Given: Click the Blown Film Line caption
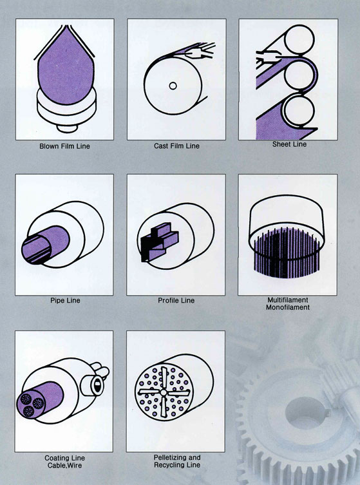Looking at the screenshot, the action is click(64, 146).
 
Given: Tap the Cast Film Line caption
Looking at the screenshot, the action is click(176, 146).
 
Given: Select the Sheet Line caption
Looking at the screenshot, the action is click(290, 144).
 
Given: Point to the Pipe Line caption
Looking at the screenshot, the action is click(65, 300).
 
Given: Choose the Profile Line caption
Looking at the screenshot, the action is click(176, 300).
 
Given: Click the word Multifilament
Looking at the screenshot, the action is click(288, 300).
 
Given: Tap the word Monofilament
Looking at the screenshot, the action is click(288, 307).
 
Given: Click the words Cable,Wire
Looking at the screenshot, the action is click(64, 466).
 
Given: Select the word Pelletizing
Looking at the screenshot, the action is click(168, 457).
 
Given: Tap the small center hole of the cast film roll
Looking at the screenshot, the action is click(173, 86).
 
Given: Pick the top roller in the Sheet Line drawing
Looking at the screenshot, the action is click(299, 40).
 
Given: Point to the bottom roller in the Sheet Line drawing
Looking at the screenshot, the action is click(299, 110).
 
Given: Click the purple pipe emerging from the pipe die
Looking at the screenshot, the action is click(46, 245).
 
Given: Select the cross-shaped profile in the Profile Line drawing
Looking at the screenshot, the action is click(159, 242).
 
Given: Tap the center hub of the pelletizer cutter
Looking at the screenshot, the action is click(164, 393).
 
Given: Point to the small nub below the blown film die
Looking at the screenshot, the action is click(67, 128).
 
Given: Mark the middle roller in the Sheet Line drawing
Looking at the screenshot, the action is click(299, 75).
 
